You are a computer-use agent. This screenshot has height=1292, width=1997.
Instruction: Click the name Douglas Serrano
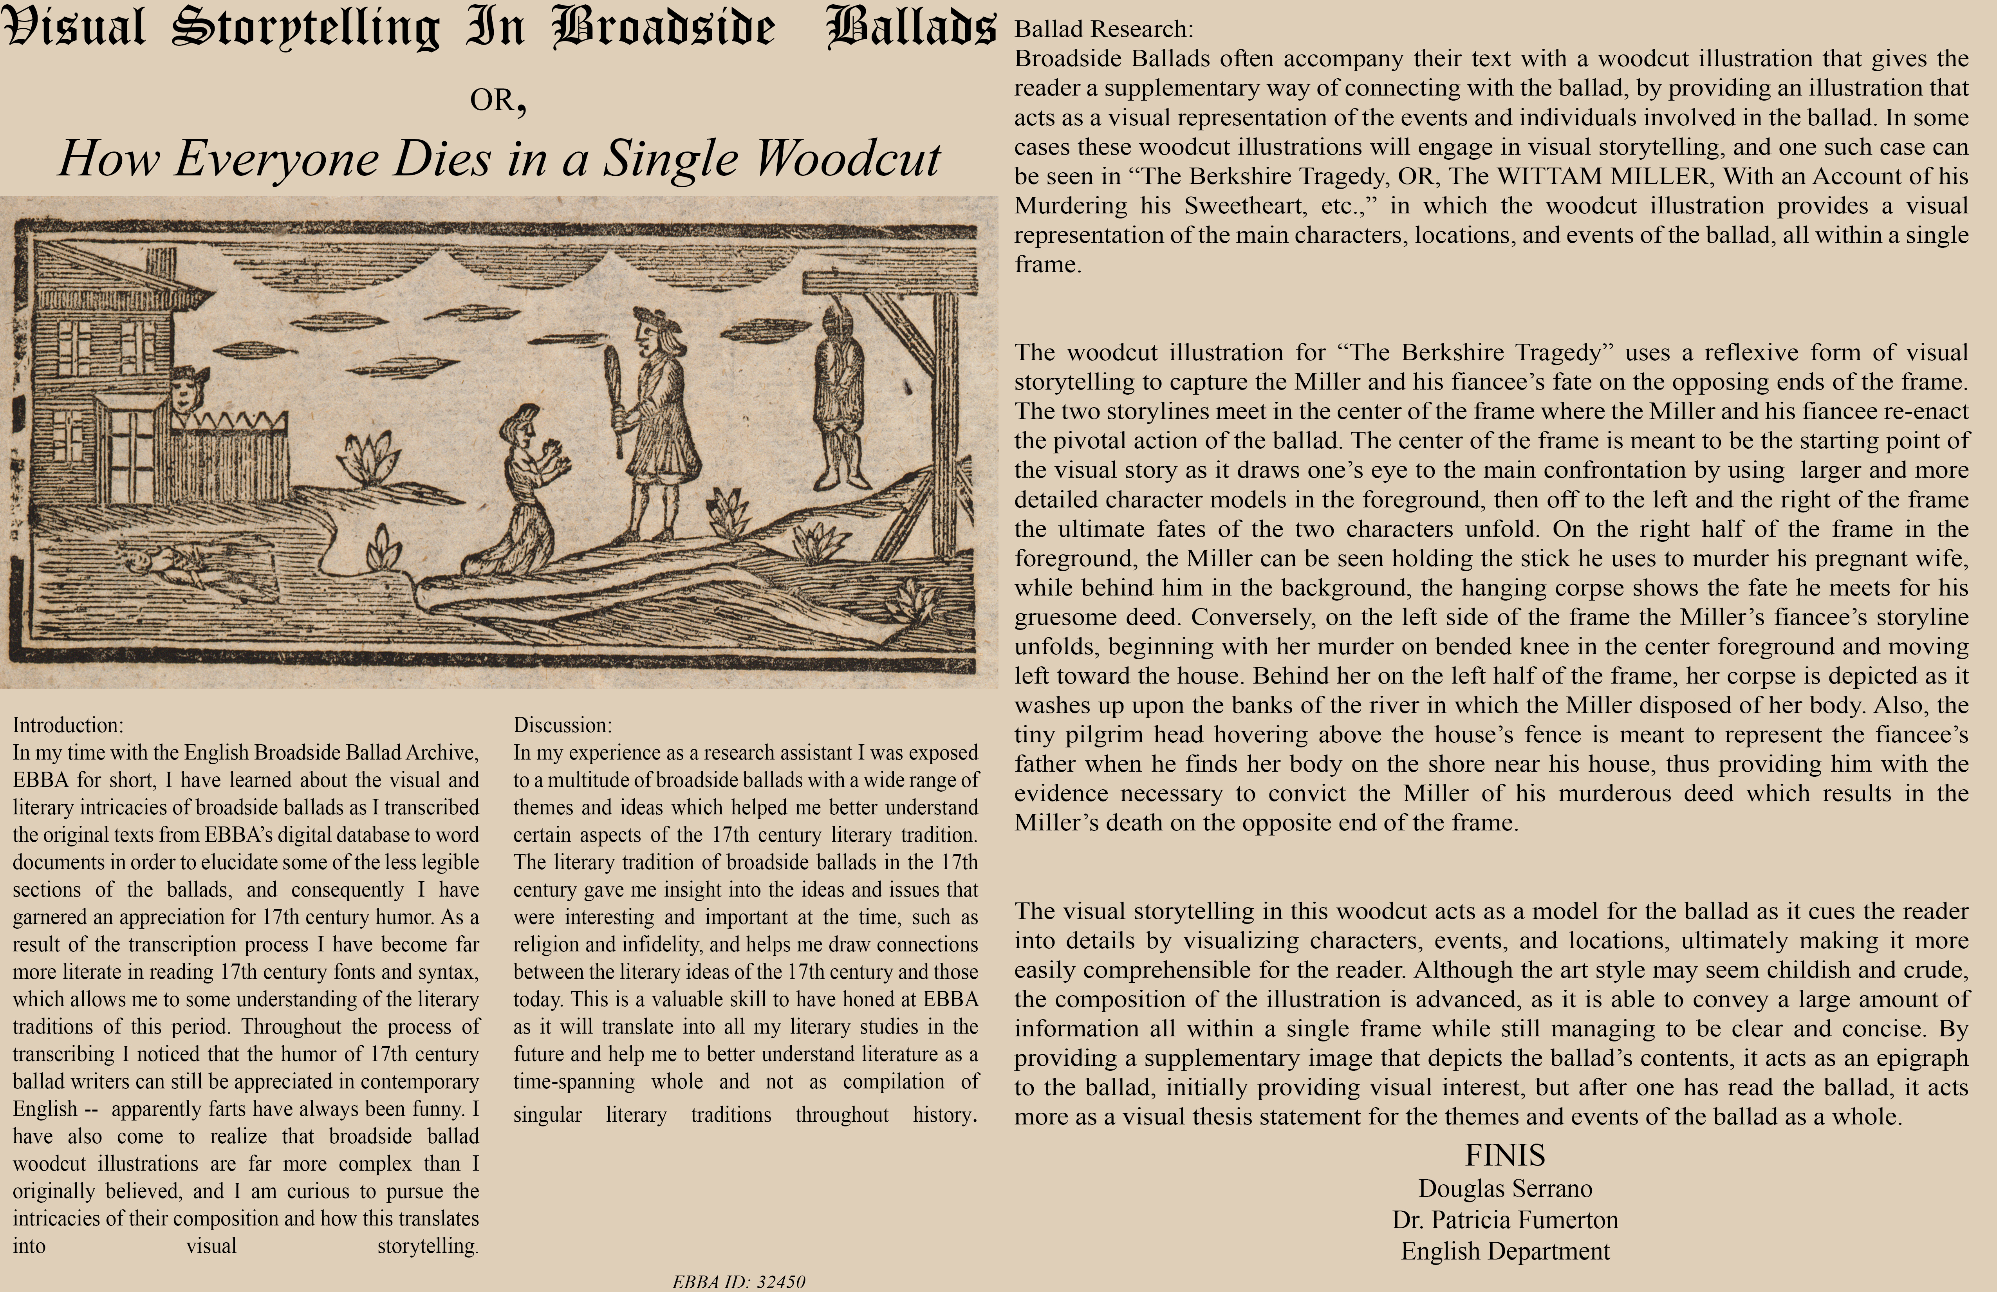1504,1189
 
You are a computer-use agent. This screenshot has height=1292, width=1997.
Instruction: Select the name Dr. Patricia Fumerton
1504,1220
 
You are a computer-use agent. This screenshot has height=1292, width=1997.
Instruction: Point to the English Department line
1504,1251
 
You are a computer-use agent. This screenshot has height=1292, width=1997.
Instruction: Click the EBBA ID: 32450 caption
738,1281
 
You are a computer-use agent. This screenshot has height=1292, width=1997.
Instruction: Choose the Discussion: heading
562,725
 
